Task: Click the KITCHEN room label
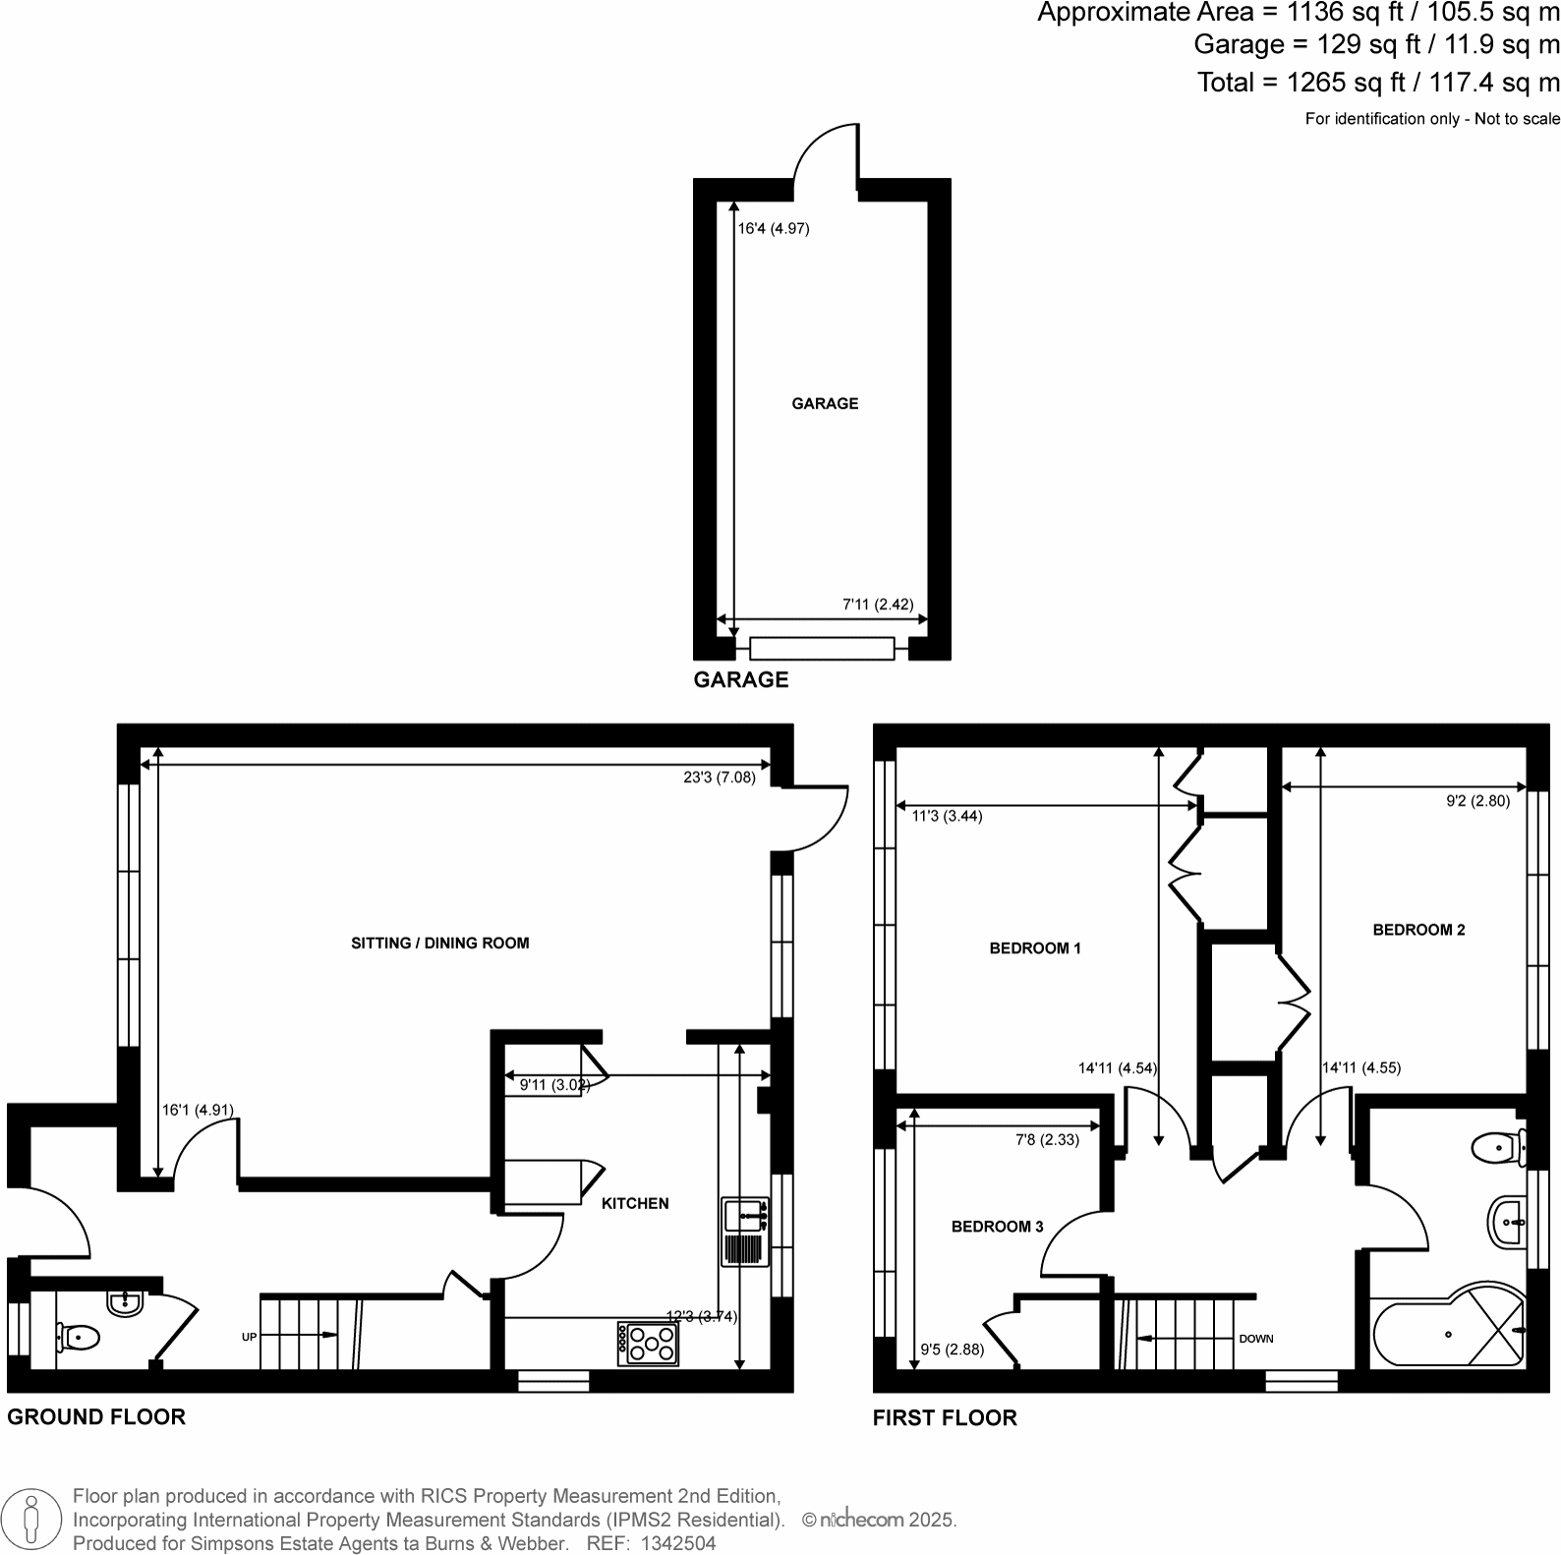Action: tap(635, 1203)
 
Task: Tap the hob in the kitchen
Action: tap(648, 1344)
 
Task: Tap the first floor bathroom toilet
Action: tap(1496, 1145)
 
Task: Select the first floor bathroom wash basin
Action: tap(1508, 1222)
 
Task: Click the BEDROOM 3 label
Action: tap(997, 1227)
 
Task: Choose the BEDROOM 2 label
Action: tap(1418, 930)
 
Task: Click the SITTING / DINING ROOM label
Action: tap(439, 944)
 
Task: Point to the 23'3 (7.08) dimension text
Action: tap(719, 777)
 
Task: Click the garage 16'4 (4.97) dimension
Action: tap(774, 229)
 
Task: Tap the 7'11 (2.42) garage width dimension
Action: tap(878, 605)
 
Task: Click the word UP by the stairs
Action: tap(250, 1337)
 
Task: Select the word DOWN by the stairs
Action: tap(1256, 1339)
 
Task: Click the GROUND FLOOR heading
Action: tap(96, 1416)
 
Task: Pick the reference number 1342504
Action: tap(677, 1543)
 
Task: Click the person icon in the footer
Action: tap(31, 1520)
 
